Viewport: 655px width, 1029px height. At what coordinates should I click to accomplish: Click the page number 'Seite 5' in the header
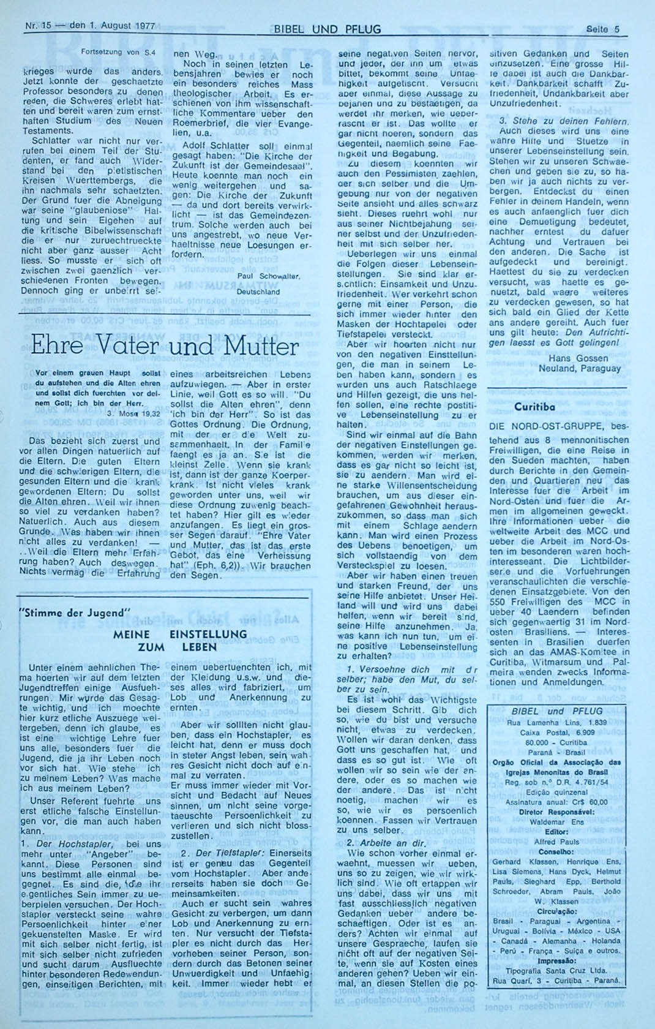click(602, 29)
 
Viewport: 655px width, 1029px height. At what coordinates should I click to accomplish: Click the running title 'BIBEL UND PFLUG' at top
click(327, 29)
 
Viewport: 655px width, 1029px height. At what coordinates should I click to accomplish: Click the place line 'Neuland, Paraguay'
click(579, 369)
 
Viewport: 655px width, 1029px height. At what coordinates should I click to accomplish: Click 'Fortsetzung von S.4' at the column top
click(118, 52)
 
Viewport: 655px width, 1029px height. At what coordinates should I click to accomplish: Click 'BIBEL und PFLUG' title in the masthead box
click(557, 711)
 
